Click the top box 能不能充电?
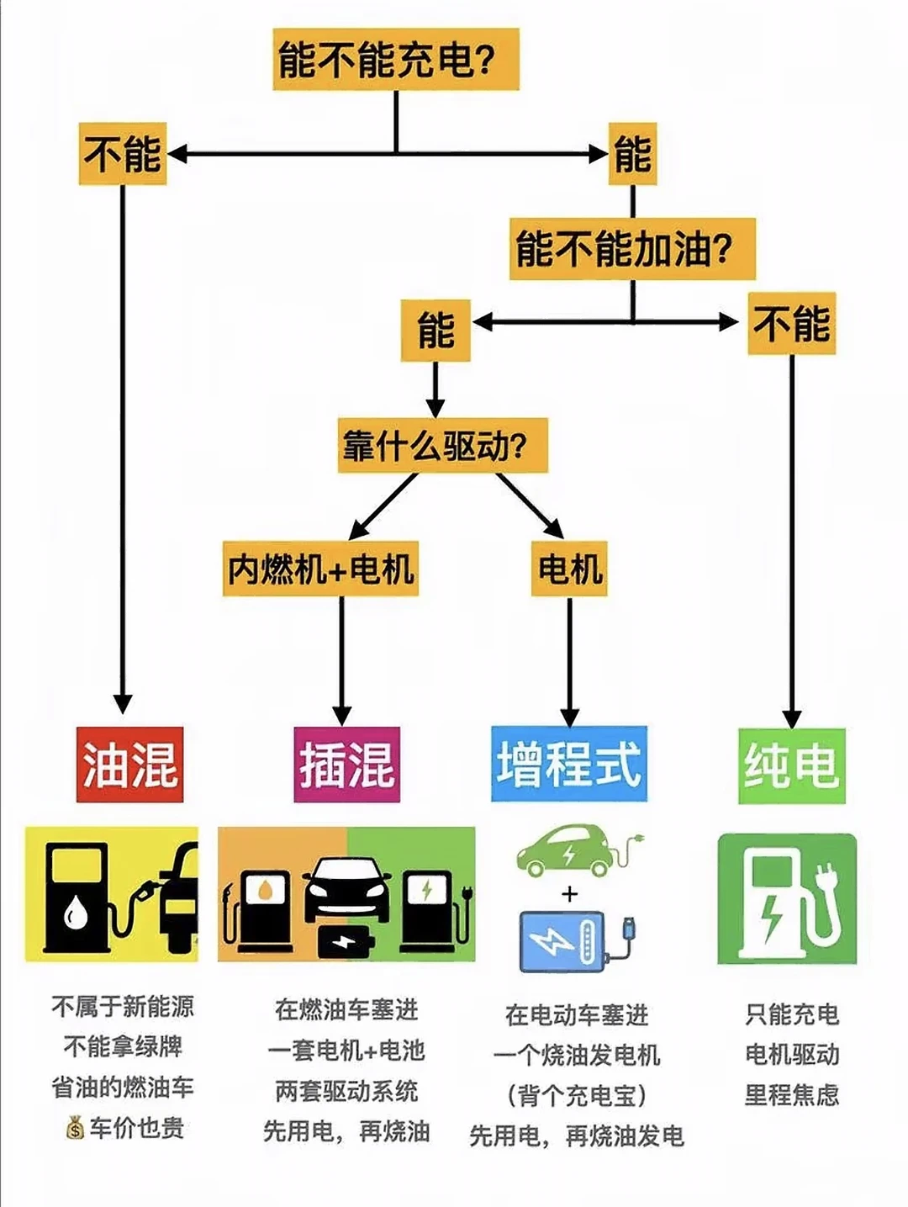pos(395,59)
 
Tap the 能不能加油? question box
pos(632,249)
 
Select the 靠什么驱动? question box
pos(443,445)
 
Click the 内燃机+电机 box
pos(320,569)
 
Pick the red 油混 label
pos(130,765)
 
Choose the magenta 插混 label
pos(346,765)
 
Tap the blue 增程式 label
pos(569,765)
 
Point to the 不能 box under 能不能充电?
pos(123,154)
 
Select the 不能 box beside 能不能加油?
pos(791,324)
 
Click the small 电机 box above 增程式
pos(569,569)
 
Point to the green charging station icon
pos(787,898)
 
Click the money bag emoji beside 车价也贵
pos(76,1128)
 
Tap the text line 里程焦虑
pos(791,1094)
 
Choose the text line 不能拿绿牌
pos(123,1046)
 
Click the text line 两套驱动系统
pos(346,1091)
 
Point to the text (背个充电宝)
pos(577,1095)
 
